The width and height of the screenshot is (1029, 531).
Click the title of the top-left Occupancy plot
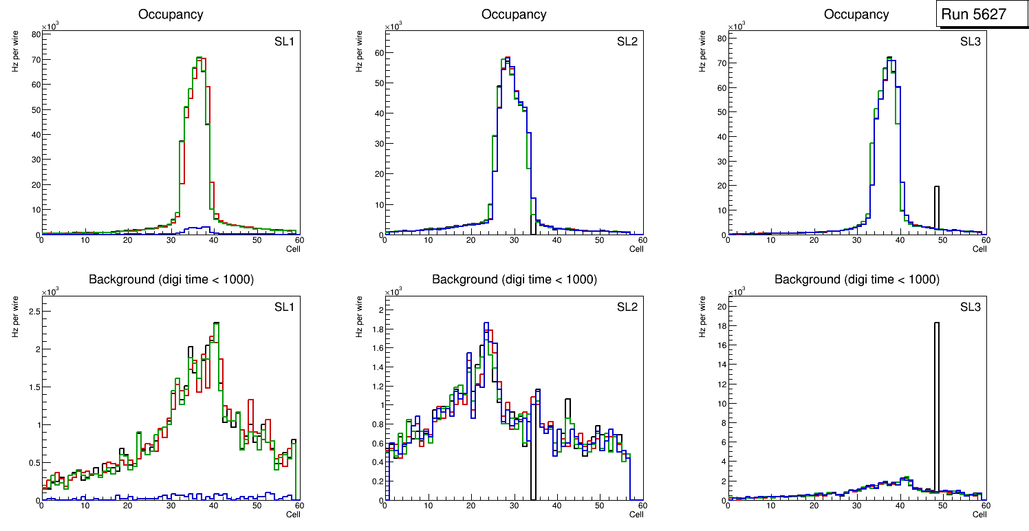click(171, 14)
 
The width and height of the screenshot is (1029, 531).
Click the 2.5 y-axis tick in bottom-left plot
click(32, 312)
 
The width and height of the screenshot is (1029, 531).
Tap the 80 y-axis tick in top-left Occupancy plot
click(34, 34)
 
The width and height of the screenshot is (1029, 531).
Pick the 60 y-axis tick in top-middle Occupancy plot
click(378, 52)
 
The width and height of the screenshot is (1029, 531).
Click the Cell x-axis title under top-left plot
click(293, 249)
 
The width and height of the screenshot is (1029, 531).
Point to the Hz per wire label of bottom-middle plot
click(359, 316)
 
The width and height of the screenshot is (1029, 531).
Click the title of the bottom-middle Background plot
click(514, 280)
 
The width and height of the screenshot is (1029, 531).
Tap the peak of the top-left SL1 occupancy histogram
click(199, 58)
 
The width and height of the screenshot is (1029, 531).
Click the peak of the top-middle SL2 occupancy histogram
click(507, 58)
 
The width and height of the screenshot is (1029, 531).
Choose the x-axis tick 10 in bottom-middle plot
click(428, 506)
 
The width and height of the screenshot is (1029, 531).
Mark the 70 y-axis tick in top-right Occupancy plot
click(721, 63)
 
